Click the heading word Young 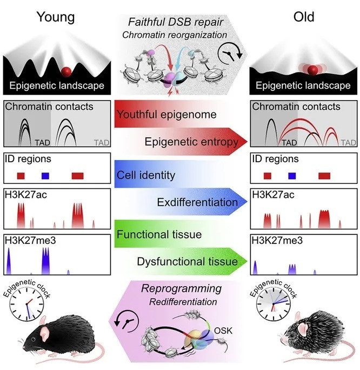56,17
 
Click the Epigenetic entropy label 190,142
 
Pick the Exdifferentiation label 197,202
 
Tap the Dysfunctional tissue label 187,262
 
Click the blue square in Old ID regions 292,176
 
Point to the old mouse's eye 290,335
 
